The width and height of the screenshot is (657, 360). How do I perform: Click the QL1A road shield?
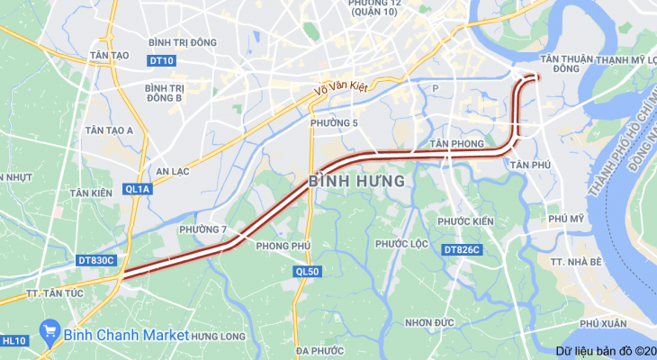coord(138,189)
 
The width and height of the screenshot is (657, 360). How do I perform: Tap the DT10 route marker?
coord(163,61)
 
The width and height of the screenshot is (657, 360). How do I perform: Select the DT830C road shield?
coord(97,260)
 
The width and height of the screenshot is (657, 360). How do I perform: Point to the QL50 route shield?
coord(307,271)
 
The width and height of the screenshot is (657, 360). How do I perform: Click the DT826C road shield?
coord(463,249)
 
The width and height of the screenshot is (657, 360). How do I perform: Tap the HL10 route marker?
coord(13,341)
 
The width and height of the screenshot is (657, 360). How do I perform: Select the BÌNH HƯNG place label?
coord(356,182)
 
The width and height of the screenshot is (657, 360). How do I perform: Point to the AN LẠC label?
coord(174,171)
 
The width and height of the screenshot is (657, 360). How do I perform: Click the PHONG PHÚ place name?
coord(283,246)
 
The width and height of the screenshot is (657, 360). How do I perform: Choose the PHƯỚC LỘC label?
coord(401,244)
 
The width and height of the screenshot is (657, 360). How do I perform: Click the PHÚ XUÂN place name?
coord(603,323)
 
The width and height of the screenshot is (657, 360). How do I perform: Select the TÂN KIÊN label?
coord(91,193)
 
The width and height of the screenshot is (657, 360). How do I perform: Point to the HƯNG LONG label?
coord(218,336)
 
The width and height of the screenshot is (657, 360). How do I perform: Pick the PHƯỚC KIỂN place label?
coord(465,221)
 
